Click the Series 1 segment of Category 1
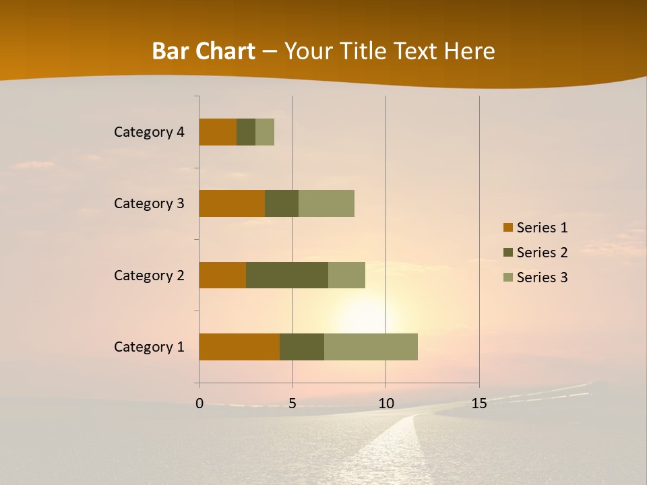point(239,347)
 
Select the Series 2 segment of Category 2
point(287,275)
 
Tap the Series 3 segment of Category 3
point(326,203)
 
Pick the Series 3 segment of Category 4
point(265,132)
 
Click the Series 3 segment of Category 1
point(371,347)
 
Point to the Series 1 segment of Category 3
point(232,203)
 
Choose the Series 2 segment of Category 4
point(246,132)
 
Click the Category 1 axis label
point(149,347)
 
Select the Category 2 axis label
point(149,275)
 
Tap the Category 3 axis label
point(149,203)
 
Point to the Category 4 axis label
point(149,132)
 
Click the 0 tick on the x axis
point(199,403)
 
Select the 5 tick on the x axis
point(292,403)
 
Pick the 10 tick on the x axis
point(386,403)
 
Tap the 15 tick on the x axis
point(479,403)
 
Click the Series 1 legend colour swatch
point(507,228)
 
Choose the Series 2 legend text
point(542,253)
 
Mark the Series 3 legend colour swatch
point(507,278)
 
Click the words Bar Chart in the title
point(204,51)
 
